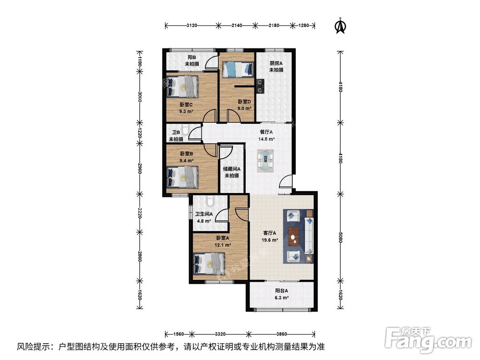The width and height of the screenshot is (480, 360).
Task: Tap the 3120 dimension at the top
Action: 192,25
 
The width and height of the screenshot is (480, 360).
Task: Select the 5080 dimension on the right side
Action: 340,237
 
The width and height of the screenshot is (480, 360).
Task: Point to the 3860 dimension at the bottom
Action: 282,334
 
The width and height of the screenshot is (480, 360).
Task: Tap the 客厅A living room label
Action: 270,233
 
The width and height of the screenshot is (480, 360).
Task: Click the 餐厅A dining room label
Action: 266,132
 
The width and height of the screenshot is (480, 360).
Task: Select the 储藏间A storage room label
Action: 232,168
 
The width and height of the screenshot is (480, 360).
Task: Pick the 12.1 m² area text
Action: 223,245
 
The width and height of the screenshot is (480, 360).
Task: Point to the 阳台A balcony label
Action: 281,291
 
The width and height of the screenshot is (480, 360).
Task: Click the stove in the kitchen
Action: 260,86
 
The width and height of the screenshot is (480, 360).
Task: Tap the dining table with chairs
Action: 265,161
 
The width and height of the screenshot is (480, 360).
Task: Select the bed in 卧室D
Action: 238,69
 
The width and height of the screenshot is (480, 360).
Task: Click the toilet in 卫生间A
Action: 210,201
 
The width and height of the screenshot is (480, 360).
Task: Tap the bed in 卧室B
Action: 182,177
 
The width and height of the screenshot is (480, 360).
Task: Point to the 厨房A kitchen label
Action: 276,63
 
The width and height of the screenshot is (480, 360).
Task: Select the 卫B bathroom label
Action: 176,132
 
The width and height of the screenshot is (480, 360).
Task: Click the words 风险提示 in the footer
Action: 34,347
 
